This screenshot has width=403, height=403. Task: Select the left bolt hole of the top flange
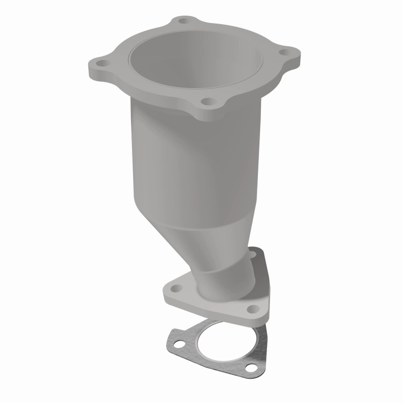(x=102, y=63)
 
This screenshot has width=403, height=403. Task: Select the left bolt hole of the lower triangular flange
(x=175, y=288)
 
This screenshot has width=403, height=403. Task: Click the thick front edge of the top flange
(x=151, y=98)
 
